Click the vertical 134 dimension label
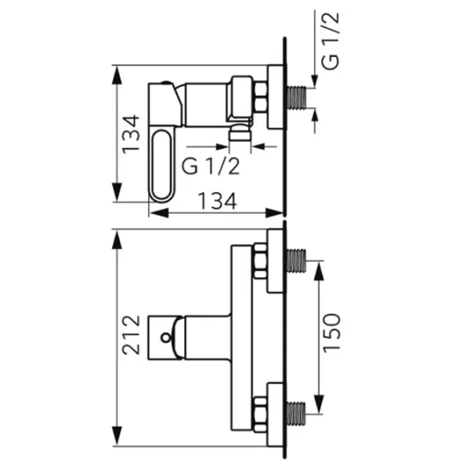(x=131, y=134)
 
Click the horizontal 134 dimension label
(x=218, y=201)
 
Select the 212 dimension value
(x=131, y=334)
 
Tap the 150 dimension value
(x=331, y=331)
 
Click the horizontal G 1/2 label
(x=211, y=167)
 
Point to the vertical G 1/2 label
(x=331, y=41)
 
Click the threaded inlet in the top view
(x=297, y=98)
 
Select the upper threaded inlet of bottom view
(x=296, y=261)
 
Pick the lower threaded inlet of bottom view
(x=296, y=414)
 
